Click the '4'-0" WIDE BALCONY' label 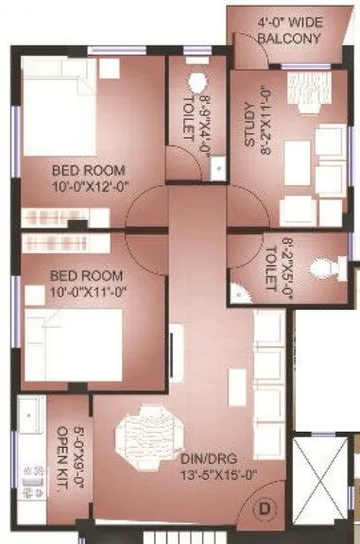point(289,29)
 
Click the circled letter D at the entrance point(265,507)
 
